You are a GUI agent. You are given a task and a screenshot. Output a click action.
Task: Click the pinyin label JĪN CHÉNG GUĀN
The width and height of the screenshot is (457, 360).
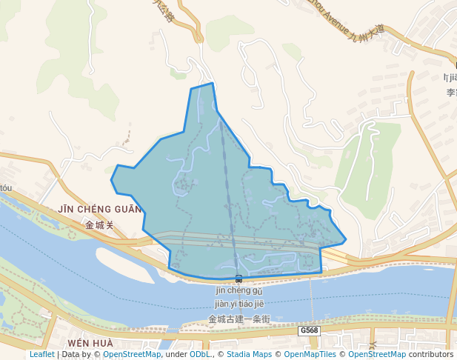tap(99, 210)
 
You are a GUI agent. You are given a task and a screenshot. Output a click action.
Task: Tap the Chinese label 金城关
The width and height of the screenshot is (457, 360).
tap(99, 224)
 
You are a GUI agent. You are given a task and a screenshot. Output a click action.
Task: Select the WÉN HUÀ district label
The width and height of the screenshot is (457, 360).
tap(90, 344)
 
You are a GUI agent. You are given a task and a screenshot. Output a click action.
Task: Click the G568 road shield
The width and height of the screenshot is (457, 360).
tap(310, 330)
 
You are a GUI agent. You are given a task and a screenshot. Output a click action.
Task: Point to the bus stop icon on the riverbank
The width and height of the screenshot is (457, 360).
tap(238, 279)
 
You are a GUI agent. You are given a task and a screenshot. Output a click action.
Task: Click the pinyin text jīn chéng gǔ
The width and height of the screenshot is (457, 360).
tap(239, 290)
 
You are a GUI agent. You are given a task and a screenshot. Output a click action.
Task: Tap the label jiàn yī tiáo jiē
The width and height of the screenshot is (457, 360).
tap(239, 304)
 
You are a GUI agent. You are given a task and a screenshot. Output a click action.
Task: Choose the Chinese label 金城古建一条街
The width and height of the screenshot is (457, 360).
tap(239, 319)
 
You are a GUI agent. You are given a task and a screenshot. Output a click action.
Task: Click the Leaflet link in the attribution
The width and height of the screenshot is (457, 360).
tap(41, 354)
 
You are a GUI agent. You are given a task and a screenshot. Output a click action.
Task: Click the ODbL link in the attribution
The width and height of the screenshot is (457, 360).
tap(200, 354)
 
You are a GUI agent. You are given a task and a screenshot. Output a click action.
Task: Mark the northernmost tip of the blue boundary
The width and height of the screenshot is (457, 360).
tap(213, 83)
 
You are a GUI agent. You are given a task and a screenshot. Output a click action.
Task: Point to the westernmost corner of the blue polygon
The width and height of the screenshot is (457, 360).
tap(111, 179)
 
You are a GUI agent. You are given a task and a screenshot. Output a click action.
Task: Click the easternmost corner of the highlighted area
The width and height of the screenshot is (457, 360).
tap(346, 241)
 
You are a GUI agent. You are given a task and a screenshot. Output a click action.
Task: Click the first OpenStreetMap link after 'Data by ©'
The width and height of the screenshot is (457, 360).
tap(131, 354)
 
